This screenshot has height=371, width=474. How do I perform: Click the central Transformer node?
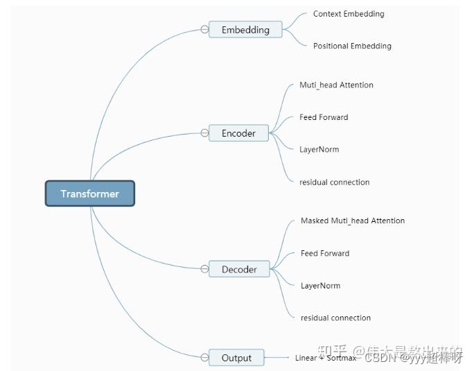click(90, 193)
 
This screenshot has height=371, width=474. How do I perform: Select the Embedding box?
click(245, 30)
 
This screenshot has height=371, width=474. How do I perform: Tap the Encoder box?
click(238, 133)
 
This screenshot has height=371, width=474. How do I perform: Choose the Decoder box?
click(239, 269)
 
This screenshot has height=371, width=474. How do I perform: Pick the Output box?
click(236, 358)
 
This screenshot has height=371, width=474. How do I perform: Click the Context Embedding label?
click(348, 14)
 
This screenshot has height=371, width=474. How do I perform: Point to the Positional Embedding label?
click(352, 46)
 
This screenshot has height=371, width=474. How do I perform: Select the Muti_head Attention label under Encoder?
click(336, 85)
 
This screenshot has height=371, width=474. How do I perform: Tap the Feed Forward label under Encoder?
click(324, 117)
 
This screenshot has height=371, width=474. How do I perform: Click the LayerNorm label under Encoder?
click(319, 149)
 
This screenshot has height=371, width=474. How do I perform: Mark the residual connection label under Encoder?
click(334, 182)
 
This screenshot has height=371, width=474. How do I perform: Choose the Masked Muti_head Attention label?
click(353, 221)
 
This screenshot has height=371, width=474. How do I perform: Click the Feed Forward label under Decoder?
click(325, 253)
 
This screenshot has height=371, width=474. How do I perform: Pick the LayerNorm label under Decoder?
click(320, 285)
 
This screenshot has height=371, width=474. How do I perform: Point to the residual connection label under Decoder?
click(335, 318)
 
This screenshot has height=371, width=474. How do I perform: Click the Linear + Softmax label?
click(325, 358)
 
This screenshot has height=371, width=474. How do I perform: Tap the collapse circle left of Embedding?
click(204, 30)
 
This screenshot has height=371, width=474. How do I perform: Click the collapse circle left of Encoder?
click(204, 133)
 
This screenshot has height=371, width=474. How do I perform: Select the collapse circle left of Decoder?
click(204, 269)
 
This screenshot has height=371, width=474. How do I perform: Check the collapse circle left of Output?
click(204, 358)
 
